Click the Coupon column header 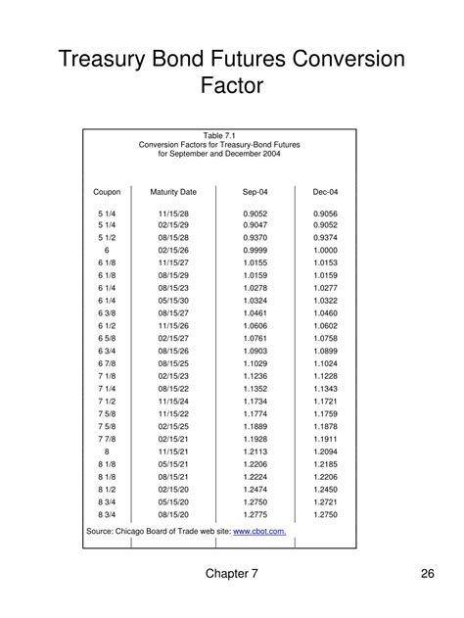click(x=108, y=192)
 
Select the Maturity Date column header click(x=173, y=192)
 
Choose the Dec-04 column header click(x=326, y=192)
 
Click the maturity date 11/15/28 click(x=173, y=213)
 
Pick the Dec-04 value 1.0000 click(x=326, y=250)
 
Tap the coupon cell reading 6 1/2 click(x=108, y=325)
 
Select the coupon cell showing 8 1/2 click(x=108, y=488)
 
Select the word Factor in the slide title click(x=232, y=86)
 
